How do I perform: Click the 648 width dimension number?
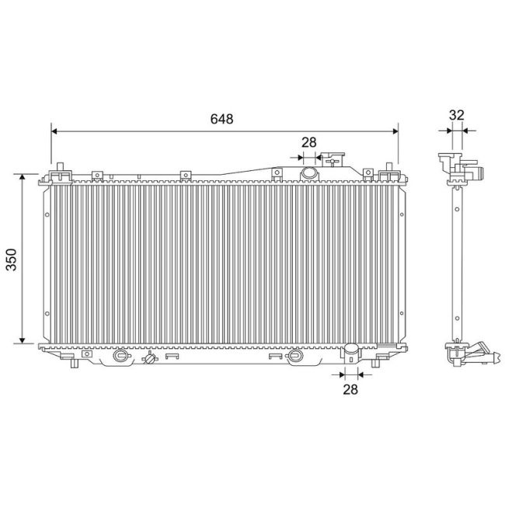click(221, 119)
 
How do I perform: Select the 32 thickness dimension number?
click(456, 115)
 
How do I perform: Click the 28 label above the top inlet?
click(309, 142)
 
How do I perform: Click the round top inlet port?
click(309, 172)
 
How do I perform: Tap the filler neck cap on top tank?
click(335, 159)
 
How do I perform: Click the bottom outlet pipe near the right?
click(350, 358)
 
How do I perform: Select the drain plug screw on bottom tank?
click(150, 360)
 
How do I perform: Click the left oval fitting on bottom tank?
click(120, 357)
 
